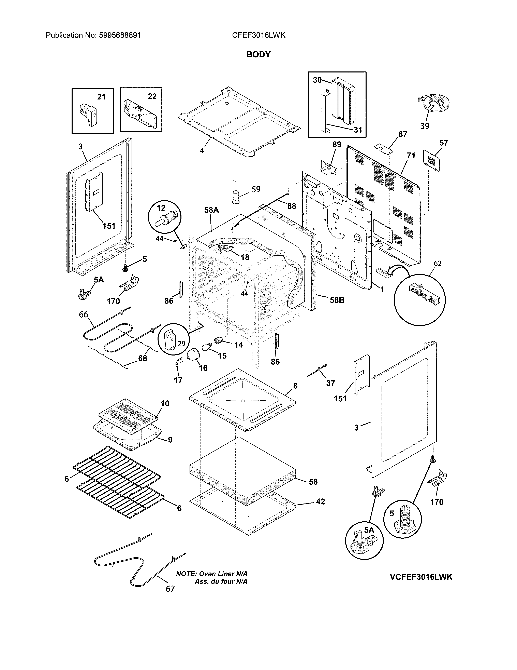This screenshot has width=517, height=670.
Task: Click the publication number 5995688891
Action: coord(120,35)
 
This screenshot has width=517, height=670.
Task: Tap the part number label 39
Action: coord(425,126)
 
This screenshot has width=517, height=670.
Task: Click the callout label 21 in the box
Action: coord(101,97)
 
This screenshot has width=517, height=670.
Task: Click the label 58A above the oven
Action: coord(211,210)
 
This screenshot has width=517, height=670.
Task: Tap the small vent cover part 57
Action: coord(432,160)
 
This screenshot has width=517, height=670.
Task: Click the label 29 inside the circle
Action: coord(181,344)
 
